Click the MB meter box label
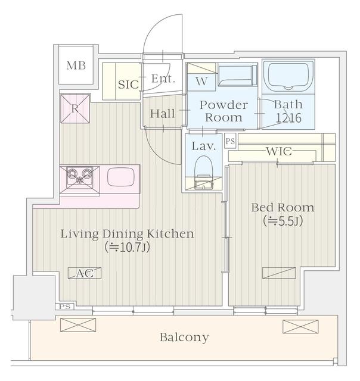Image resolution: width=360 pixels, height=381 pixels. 76,65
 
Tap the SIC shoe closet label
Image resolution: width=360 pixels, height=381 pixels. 128,85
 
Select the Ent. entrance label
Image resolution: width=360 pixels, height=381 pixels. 163,79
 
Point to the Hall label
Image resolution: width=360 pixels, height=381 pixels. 162,114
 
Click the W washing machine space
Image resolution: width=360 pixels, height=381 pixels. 201,82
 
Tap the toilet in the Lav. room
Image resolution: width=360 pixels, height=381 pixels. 204,173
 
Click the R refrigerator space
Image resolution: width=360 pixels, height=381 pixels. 75,109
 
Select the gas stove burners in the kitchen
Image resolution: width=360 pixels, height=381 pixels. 80,176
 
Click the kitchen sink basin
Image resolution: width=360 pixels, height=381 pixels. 120,177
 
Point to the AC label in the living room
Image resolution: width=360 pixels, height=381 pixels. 85,273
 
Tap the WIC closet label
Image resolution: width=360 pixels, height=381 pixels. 279,151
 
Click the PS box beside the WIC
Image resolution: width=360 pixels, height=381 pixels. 230,140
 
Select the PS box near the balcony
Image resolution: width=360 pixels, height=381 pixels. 65,307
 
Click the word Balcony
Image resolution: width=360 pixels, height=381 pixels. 184,338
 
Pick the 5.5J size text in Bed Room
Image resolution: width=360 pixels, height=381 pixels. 283,221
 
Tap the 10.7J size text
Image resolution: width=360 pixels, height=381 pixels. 127,247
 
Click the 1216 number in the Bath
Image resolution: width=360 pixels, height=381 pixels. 288,118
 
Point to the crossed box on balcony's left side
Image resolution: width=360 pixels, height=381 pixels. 78,325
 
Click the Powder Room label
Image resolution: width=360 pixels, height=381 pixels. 224,111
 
